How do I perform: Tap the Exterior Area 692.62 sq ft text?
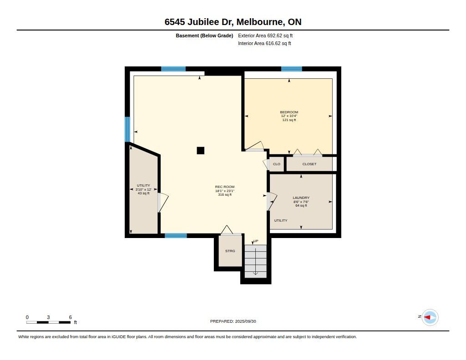[x=265, y=35]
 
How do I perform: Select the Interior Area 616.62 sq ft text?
[x=264, y=43]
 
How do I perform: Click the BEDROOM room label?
[x=289, y=112]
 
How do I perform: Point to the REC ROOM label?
[x=225, y=187]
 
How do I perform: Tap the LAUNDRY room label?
[x=301, y=198]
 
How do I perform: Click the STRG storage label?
[x=230, y=251]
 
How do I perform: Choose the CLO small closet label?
[x=276, y=164]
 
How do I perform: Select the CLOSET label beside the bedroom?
[x=309, y=164]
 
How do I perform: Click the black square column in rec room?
[x=201, y=151]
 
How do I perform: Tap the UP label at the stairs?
[x=256, y=241]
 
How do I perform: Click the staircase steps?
[x=255, y=261]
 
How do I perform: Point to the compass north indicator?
[x=430, y=318]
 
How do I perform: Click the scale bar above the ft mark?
[x=48, y=322]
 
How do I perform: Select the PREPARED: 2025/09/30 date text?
[x=233, y=321]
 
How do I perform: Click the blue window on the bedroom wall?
[x=292, y=69]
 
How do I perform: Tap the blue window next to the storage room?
[x=176, y=236]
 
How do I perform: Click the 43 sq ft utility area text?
[x=143, y=193]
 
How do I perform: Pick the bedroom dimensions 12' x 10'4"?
[x=289, y=116]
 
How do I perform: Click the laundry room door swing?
[x=272, y=201]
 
